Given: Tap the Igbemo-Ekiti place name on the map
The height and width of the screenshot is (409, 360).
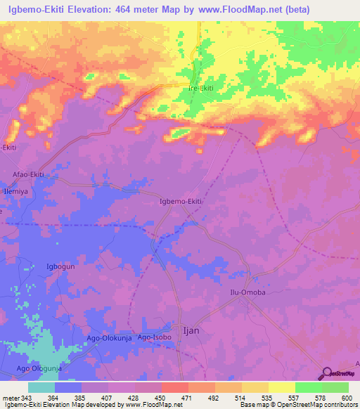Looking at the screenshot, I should tap(181, 202).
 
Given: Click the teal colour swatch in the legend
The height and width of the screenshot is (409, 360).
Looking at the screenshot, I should tap(41, 387).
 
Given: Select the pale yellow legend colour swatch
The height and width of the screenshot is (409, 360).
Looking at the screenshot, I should tap(282, 387).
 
